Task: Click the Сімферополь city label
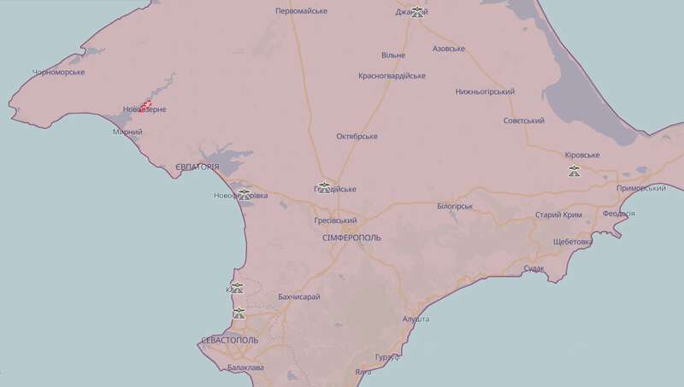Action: (x=352, y=237)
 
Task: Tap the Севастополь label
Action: (x=229, y=340)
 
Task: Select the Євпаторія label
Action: (x=197, y=167)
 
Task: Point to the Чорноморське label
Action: (x=58, y=72)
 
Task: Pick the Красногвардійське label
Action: (x=392, y=76)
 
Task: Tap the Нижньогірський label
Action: (x=485, y=91)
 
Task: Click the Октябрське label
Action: (x=357, y=136)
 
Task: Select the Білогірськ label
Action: (x=455, y=207)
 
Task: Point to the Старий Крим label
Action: (x=558, y=215)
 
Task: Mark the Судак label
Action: (x=534, y=269)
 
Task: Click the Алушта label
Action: (x=416, y=319)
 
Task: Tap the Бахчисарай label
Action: (x=299, y=296)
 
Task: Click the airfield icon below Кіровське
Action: (x=575, y=171)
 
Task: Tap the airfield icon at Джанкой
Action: (x=417, y=12)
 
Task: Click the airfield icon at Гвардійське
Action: (x=324, y=186)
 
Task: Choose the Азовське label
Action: (x=449, y=49)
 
